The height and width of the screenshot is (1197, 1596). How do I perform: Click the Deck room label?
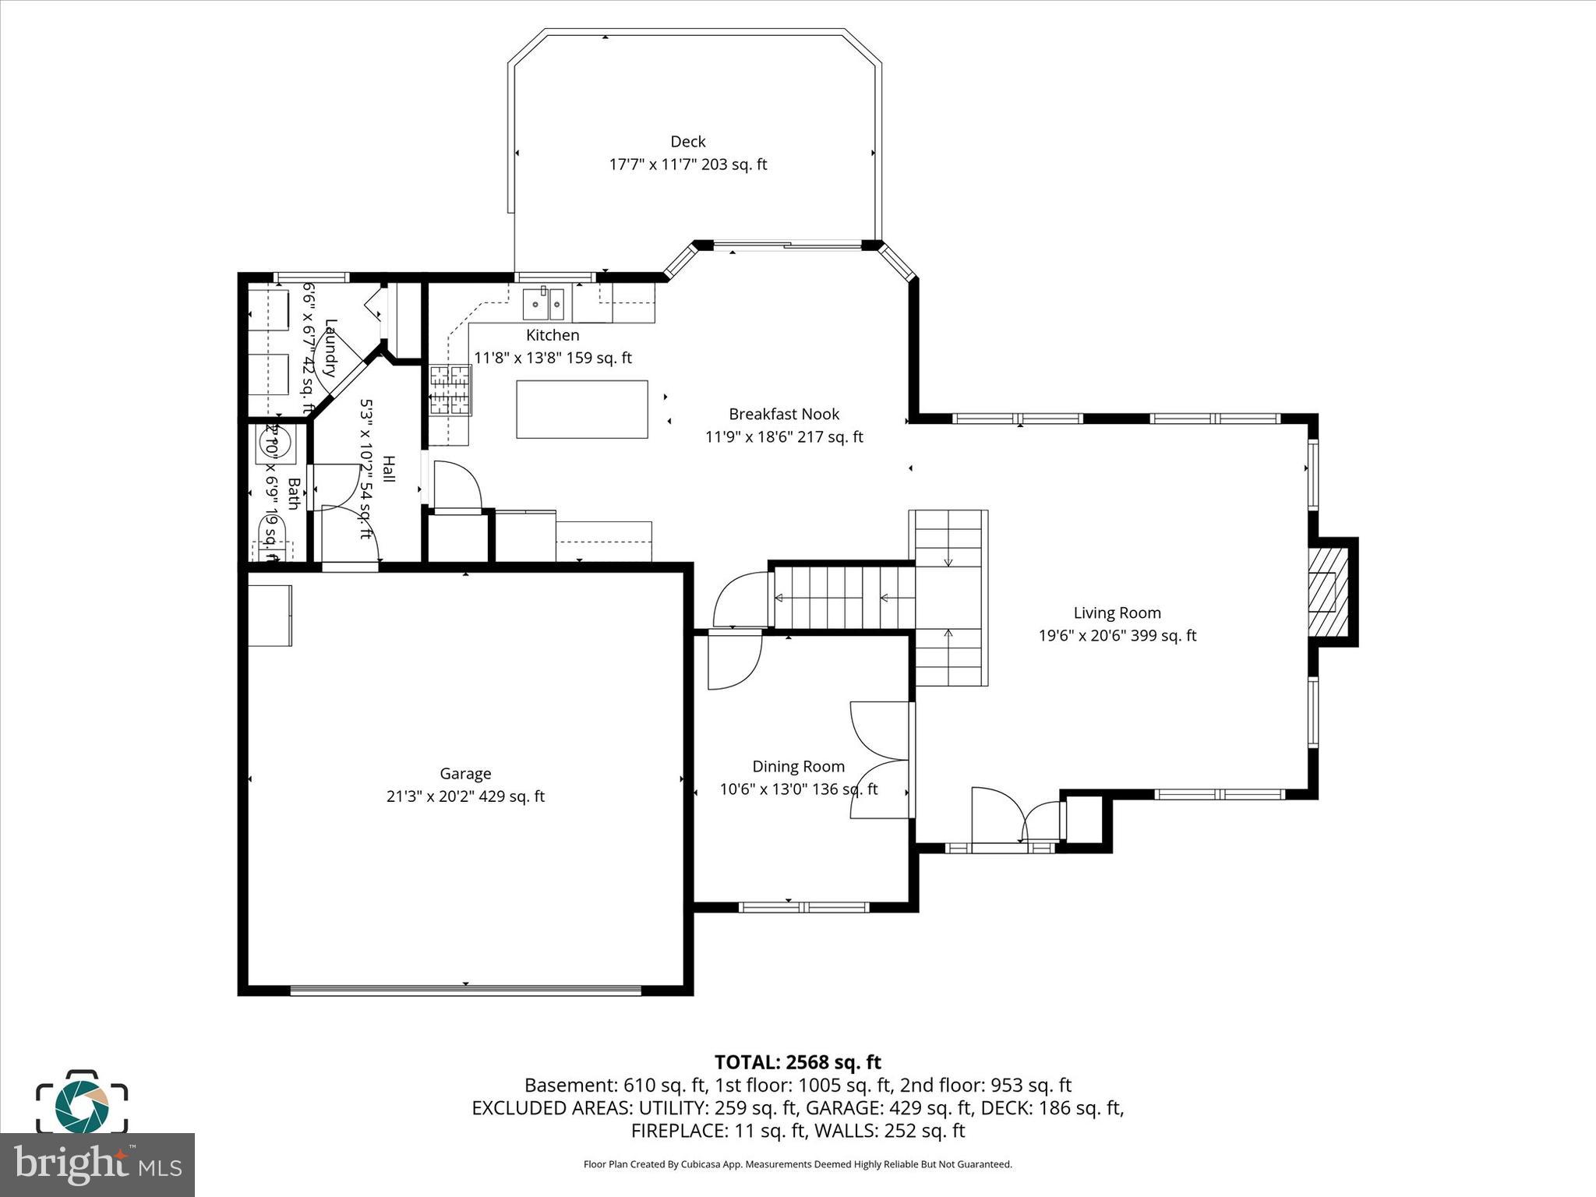coord(687,142)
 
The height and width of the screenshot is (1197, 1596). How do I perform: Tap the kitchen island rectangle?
coord(581,409)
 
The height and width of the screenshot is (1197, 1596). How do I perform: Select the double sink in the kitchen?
coord(543,304)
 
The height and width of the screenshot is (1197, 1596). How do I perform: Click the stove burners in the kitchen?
coord(450,390)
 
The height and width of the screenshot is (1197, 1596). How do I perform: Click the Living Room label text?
coord(1117,613)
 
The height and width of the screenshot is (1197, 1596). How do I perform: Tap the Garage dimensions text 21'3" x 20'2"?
coord(465,796)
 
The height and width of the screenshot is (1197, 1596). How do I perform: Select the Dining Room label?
coord(798,767)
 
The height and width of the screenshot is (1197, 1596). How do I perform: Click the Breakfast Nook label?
coord(784,415)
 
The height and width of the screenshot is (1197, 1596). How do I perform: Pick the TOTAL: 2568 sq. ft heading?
coord(797,1062)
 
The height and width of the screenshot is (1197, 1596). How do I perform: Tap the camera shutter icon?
coord(81,1104)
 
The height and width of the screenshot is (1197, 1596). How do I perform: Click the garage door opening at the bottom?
coord(465,990)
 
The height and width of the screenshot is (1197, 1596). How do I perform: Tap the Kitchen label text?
coord(553,336)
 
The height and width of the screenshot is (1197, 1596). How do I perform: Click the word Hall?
coord(388,469)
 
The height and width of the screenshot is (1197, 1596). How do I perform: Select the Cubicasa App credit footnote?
coord(797,1164)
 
